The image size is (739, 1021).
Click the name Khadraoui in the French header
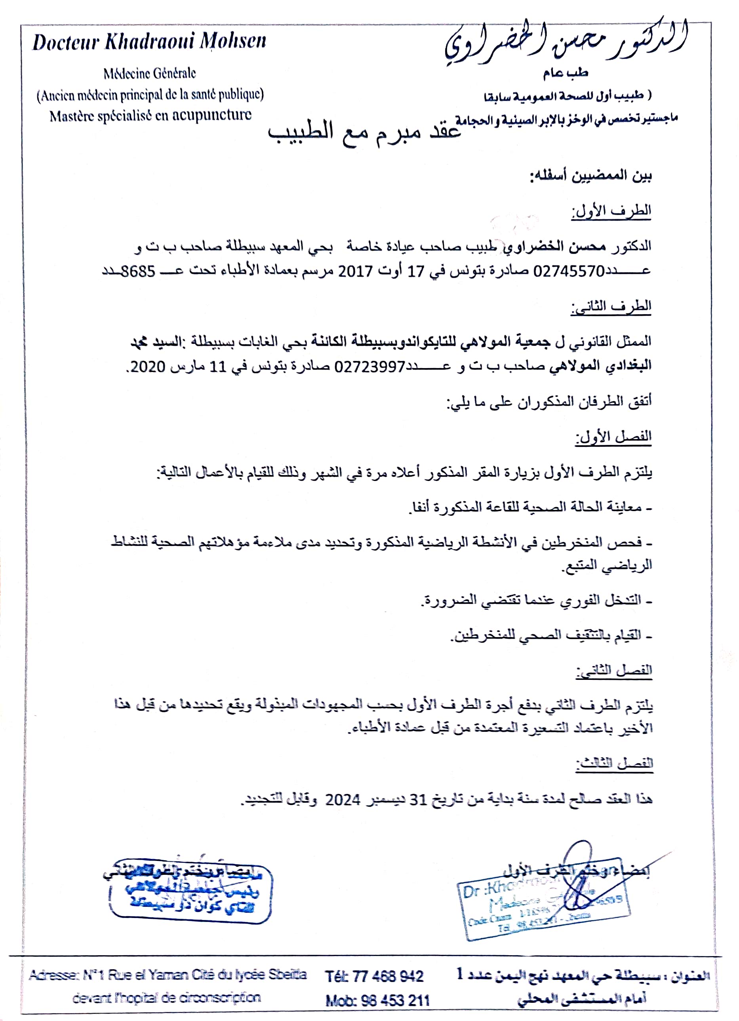click(149, 42)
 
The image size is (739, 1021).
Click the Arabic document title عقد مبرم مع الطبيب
click(364, 132)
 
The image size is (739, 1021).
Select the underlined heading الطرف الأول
click(611, 211)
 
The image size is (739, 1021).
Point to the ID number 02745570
click(568, 271)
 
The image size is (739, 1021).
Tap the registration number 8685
click(138, 271)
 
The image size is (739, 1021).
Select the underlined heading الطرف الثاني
click(611, 307)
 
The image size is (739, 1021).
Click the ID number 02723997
click(370, 367)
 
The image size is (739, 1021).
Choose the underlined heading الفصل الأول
click(613, 437)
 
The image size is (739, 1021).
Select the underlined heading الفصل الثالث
click(614, 763)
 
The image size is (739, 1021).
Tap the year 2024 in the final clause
click(343, 800)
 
